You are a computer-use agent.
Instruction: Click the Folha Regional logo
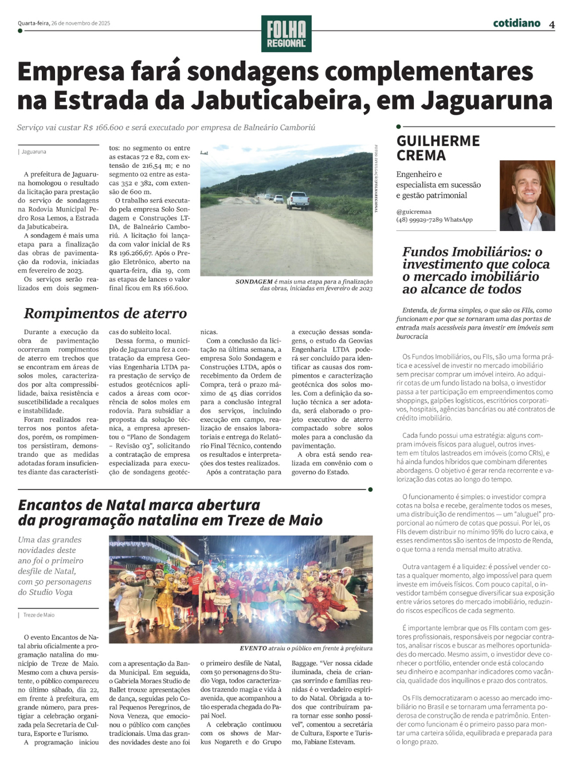click(286, 34)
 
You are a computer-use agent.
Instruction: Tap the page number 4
click(551, 25)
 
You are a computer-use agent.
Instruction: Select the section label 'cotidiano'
click(516, 23)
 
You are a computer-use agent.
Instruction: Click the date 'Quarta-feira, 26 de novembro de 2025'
click(64, 23)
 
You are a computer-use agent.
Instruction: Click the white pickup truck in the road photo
click(297, 200)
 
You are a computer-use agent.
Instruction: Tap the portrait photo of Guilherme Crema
click(527, 195)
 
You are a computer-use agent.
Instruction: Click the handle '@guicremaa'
click(414, 211)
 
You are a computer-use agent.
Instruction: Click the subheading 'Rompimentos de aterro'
click(105, 313)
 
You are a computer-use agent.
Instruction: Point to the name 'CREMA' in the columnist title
click(421, 155)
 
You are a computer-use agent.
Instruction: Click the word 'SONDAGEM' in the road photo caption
click(254, 282)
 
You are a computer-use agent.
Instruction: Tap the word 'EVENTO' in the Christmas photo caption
click(253, 648)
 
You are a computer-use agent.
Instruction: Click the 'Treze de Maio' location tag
click(39, 615)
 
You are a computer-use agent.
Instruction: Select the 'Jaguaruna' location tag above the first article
click(34, 152)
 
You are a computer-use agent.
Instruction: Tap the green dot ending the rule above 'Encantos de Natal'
click(370, 489)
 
